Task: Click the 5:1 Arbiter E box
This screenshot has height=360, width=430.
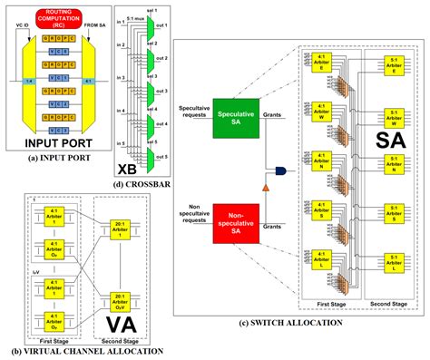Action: click(x=393, y=69)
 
